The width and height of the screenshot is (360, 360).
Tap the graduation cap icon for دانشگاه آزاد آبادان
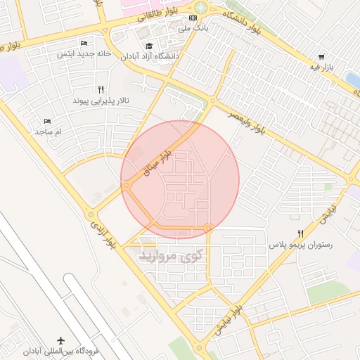(149, 46)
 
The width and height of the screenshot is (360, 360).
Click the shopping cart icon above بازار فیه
(321, 57)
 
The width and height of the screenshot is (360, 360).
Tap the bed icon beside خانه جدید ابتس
(84, 44)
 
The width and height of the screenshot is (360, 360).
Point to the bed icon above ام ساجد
(48, 121)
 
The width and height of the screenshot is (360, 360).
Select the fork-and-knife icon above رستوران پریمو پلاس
(300, 234)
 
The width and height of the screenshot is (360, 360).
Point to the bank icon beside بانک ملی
(193, 18)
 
